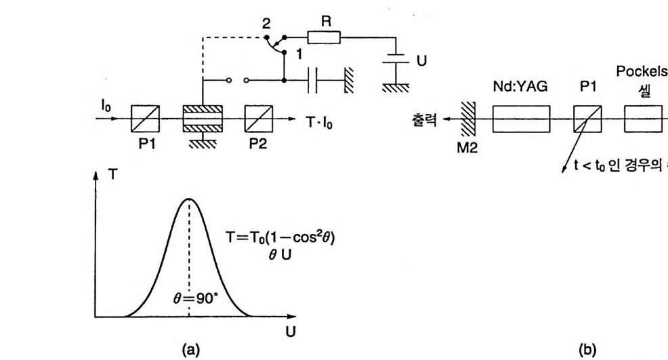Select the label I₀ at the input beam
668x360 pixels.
[106, 106]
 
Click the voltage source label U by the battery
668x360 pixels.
[421, 61]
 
